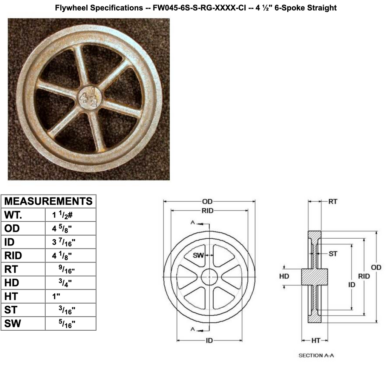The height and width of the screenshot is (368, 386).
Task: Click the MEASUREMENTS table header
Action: point(48,201)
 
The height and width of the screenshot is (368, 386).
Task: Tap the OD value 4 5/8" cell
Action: point(63,228)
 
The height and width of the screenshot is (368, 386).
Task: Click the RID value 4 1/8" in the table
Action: point(63,256)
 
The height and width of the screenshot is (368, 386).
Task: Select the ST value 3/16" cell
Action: point(67,310)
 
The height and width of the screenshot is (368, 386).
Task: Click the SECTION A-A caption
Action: point(316,355)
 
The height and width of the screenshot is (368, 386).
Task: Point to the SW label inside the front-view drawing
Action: point(198,255)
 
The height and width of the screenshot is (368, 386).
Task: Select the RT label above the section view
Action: point(332,202)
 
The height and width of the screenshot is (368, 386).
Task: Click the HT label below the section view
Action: point(316,340)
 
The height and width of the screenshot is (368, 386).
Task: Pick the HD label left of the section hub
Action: point(284,276)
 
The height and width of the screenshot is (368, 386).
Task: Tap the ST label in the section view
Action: point(333,254)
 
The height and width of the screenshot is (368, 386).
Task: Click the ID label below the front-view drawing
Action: point(209,340)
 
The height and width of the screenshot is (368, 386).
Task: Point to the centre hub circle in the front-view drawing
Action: point(210,277)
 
